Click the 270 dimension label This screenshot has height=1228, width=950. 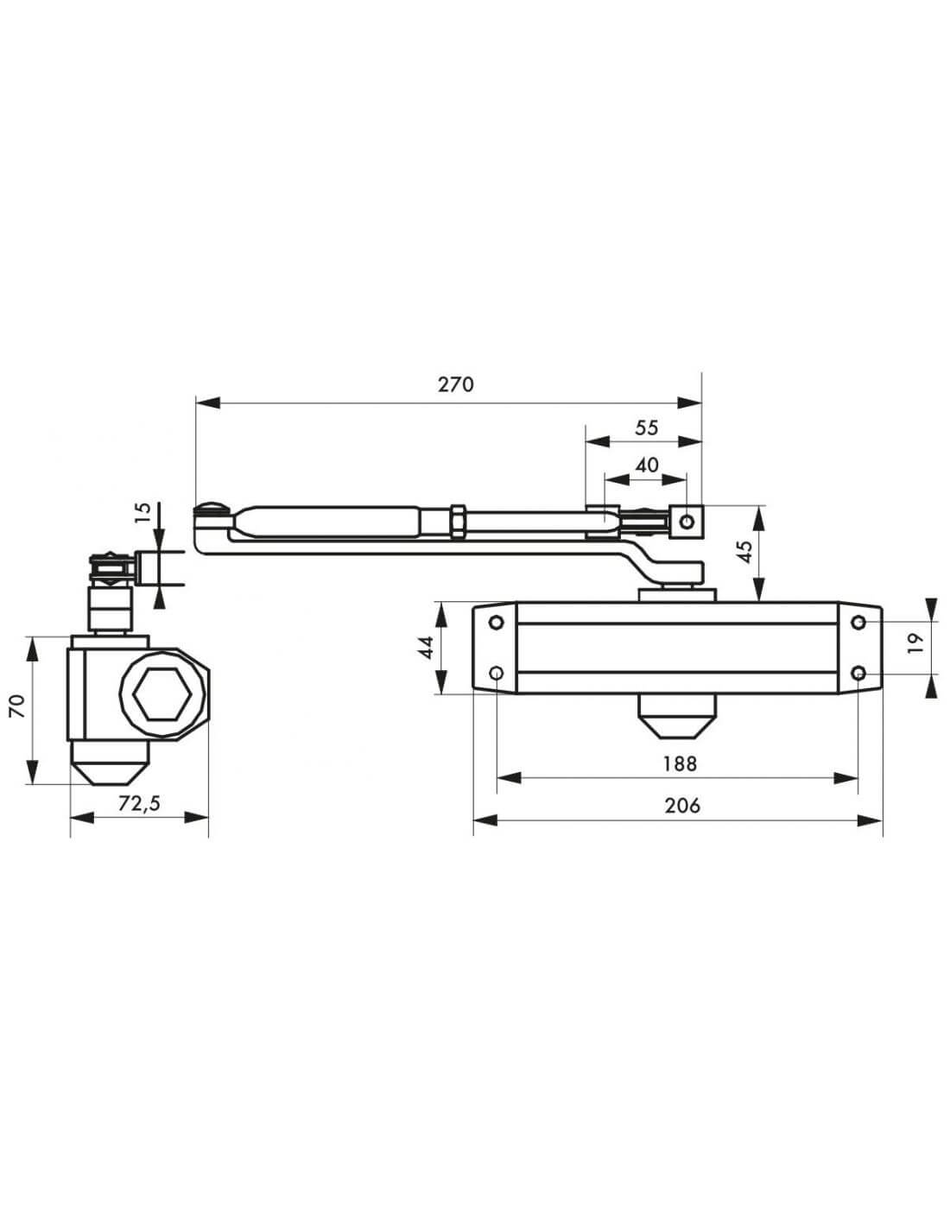pyautogui.click(x=455, y=385)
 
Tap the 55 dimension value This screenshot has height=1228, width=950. pyautogui.click(x=647, y=427)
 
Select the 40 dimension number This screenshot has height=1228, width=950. pyautogui.click(x=647, y=465)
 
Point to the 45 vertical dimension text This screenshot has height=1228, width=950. pyautogui.click(x=745, y=551)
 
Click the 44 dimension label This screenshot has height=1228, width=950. pyautogui.click(x=426, y=648)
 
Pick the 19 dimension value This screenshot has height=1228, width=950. pyautogui.click(x=915, y=643)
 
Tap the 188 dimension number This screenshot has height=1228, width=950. pyautogui.click(x=680, y=764)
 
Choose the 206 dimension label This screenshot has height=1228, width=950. pyautogui.click(x=682, y=806)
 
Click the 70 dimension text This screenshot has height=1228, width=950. pyautogui.click(x=19, y=706)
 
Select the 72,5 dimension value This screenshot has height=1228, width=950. pyautogui.click(x=139, y=803)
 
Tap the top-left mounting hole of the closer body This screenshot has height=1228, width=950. pyautogui.click(x=497, y=623)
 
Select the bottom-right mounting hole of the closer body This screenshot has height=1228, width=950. pyautogui.click(x=858, y=673)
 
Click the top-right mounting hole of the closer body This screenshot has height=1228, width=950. pyautogui.click(x=858, y=623)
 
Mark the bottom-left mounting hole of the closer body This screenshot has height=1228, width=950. pyautogui.click(x=497, y=673)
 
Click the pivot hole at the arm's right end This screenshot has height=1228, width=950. pyautogui.click(x=687, y=521)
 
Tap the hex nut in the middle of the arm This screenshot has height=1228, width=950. pyautogui.click(x=458, y=521)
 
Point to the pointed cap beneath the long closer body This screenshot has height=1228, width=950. pyautogui.click(x=677, y=716)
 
